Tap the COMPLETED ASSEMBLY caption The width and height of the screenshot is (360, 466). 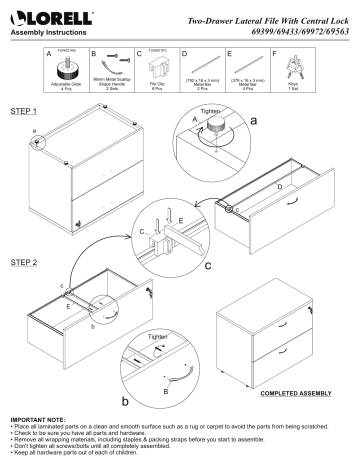(291, 392)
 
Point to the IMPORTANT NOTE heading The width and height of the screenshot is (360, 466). (37, 418)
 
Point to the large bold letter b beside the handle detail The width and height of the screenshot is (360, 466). (125, 401)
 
